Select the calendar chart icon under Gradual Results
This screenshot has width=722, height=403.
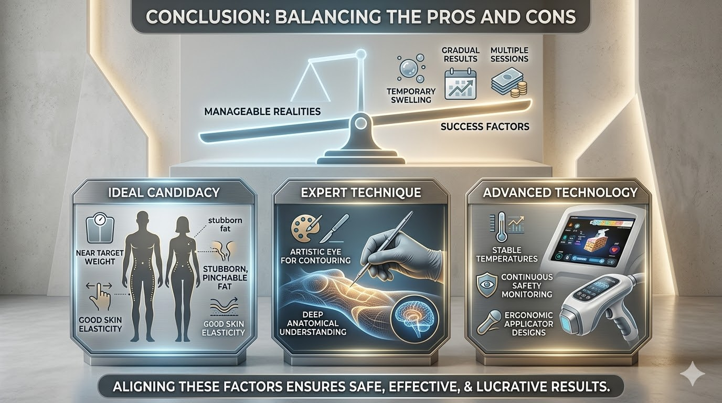460,84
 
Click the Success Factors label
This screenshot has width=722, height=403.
485,126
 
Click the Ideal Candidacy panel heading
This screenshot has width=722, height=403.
163,192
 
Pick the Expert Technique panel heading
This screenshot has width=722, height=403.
360,193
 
